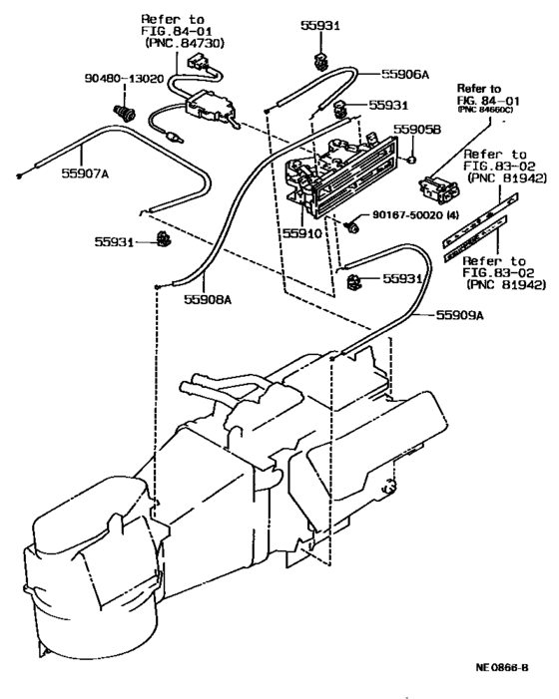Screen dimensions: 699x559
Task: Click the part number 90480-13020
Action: click(x=119, y=75)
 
